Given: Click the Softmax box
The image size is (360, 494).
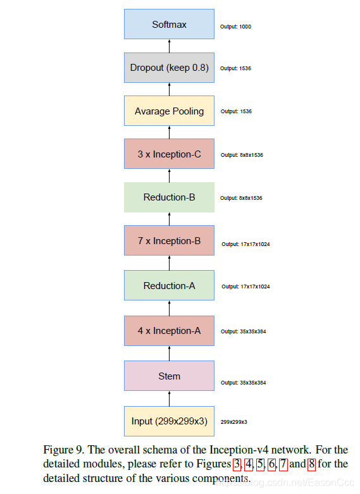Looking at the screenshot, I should (x=169, y=25).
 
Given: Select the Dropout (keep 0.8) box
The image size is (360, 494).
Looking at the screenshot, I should (x=169, y=68).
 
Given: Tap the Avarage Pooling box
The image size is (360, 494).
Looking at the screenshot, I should (x=169, y=111).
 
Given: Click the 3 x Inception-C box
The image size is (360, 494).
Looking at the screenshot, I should (x=169, y=154).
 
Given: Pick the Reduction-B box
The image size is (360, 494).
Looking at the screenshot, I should (x=169, y=197).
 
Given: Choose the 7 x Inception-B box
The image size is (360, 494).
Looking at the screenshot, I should (x=169, y=240).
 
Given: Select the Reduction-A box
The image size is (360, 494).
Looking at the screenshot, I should (x=169, y=285).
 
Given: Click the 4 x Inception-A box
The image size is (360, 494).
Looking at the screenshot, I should (x=169, y=330).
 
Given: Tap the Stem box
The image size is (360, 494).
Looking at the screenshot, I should (x=169, y=376).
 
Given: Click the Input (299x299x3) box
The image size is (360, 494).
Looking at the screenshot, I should (x=169, y=421).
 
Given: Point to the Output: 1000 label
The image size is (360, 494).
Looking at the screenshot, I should (x=235, y=27).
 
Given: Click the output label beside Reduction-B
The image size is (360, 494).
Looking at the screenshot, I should (x=241, y=198).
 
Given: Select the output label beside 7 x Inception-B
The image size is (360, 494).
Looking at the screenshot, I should (x=245, y=244).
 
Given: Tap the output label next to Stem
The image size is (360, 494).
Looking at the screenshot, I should (x=243, y=383).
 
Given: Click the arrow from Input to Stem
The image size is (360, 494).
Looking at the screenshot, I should (x=169, y=398).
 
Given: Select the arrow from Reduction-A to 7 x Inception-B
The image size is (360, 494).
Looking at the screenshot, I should (x=169, y=263).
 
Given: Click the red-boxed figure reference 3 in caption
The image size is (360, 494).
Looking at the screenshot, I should (x=237, y=464).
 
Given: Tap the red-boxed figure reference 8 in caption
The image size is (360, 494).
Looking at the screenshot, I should (x=311, y=464).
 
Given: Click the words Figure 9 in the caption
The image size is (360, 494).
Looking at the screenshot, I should (x=63, y=450).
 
